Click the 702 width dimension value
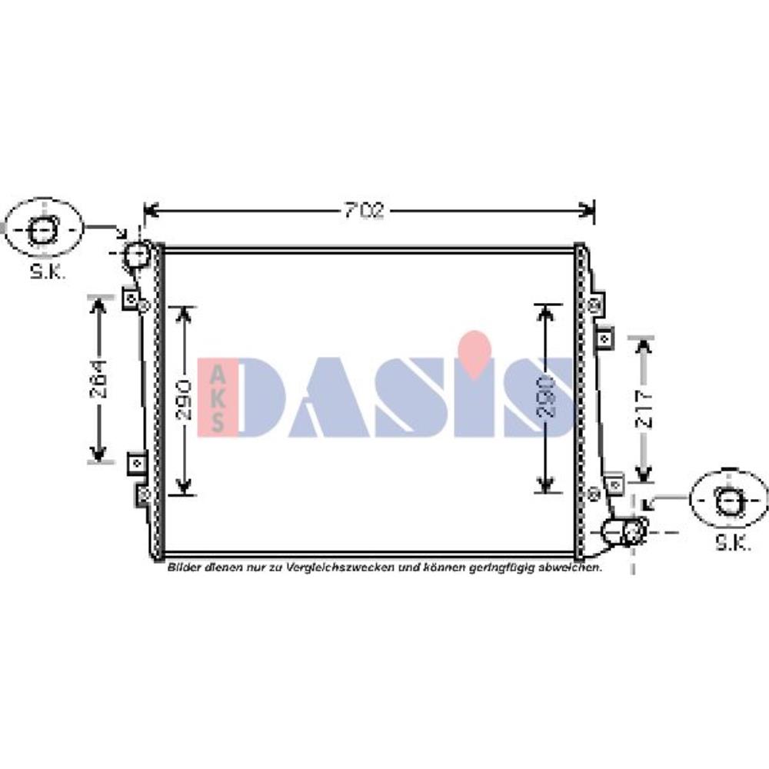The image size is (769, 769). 365,211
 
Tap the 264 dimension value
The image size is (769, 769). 98,379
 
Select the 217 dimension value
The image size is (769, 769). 644,410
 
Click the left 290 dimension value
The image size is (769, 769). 184,399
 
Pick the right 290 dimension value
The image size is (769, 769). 545,397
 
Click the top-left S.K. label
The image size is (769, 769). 48,271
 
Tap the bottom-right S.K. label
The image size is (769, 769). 733,542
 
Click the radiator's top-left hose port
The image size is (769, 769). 136,254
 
